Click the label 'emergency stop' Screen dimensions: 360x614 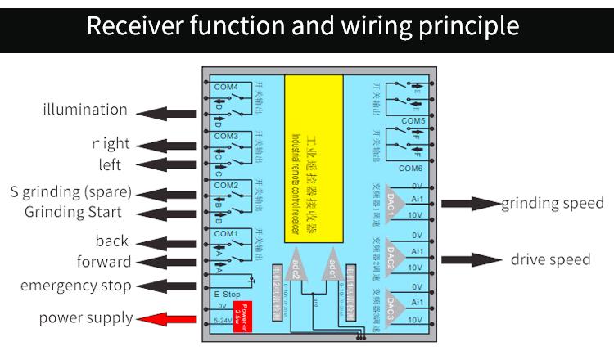tap(75, 286)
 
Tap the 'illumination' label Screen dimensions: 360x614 tap(85, 110)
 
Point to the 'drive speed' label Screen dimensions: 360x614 tap(550, 259)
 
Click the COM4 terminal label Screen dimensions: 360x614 tap(225, 87)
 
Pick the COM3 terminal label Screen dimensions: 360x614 tap(225, 136)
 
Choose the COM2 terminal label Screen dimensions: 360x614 tap(225, 186)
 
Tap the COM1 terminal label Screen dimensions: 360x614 tap(225, 235)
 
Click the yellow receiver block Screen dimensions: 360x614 tap(314, 160)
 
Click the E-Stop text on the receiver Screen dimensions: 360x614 tap(225, 294)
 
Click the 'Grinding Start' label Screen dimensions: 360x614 tap(73, 212)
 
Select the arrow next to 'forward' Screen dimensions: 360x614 tap(168, 263)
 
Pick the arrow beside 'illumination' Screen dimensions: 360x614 tap(168, 111)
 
